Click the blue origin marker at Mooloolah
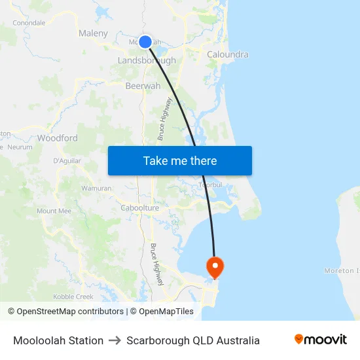point(145,42)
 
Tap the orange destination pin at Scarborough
point(214,266)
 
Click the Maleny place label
point(93,33)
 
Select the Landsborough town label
point(147,60)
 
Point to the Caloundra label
point(227,54)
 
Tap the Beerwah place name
point(143,85)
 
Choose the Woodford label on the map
point(58,138)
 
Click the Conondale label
point(29,22)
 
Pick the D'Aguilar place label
point(66,160)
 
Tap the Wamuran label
point(96,188)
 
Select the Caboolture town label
point(140,208)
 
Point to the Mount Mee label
point(54,211)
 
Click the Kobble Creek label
point(73,297)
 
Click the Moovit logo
point(320,340)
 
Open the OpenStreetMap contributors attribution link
point(65,312)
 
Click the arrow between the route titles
point(115,340)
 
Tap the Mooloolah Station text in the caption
point(58,340)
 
